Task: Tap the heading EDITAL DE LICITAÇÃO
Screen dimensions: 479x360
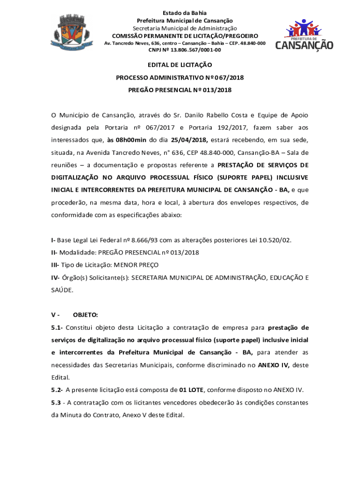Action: click(x=180, y=65)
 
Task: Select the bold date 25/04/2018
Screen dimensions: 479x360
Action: click(x=189, y=140)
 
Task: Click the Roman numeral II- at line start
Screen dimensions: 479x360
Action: click(x=55, y=253)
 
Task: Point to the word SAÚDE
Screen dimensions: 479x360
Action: click(x=62, y=290)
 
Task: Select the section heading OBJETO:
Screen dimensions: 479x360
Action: click(x=85, y=315)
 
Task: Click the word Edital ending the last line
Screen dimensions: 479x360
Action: click(x=174, y=414)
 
